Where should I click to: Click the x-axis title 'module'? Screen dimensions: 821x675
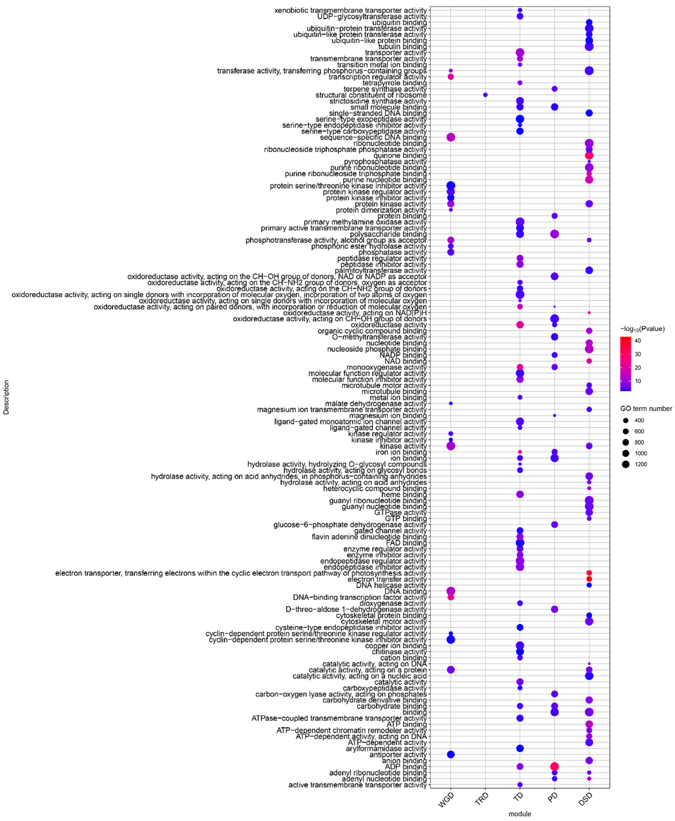[520, 814]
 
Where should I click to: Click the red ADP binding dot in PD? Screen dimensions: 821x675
[554, 767]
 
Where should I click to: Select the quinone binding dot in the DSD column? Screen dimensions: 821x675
[589, 156]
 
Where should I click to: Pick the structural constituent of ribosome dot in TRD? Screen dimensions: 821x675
[485, 95]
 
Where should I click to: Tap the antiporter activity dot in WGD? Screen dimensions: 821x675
[451, 755]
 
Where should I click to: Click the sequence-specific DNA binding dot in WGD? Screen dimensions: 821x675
[451, 137]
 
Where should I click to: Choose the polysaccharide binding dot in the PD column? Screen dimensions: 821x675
[554, 234]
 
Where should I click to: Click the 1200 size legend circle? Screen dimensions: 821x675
[626, 464]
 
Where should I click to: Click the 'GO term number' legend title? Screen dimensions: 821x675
[646, 409]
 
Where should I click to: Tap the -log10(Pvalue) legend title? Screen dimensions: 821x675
[642, 329]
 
